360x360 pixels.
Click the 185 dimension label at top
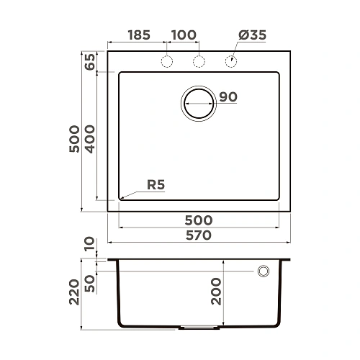tap(140, 35)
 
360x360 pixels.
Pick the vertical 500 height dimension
tap(72, 137)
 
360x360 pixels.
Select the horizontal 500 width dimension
tap(198, 220)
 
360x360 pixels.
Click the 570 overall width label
tap(198, 235)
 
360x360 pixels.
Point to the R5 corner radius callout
tap(156, 185)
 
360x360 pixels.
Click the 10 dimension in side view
tap(89, 247)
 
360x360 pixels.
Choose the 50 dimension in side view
tap(89, 282)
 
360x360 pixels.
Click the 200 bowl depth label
tap(215, 292)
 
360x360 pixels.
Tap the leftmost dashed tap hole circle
tap(166, 62)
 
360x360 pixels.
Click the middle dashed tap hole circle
tap(199, 62)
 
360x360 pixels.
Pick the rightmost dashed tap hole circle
tap(232, 62)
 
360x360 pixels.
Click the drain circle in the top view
tap(199, 103)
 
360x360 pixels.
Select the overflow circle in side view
tap(264, 271)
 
